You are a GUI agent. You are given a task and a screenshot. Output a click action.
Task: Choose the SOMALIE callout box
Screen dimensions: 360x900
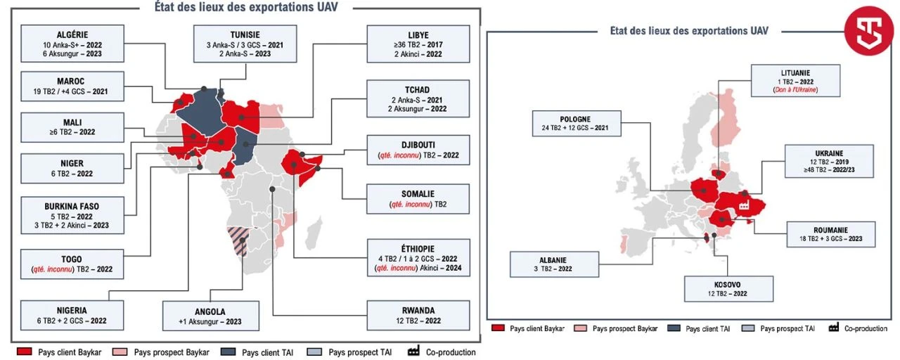[418, 199]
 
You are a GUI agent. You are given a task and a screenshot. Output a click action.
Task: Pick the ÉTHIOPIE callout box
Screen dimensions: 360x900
[418, 258]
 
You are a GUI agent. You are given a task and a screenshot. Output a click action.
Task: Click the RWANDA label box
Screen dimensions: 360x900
[418, 315]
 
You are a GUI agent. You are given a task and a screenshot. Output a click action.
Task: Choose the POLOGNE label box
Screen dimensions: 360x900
[576, 123]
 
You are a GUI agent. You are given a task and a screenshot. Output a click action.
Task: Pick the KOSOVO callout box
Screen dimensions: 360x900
[729, 288]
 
